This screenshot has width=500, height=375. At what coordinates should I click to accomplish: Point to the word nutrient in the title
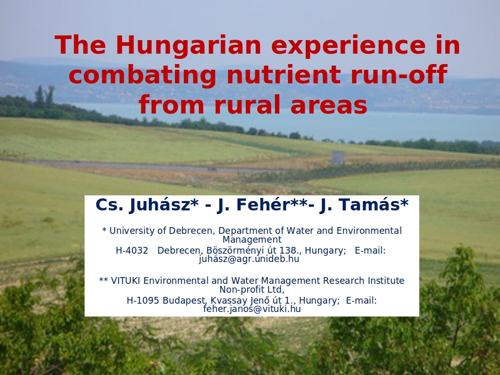pos(283,74)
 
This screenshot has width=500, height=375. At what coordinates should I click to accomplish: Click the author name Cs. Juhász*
pos(147,205)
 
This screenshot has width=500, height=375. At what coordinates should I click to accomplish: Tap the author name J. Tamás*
pos(364,205)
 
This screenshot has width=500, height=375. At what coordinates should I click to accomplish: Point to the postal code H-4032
pos(132,251)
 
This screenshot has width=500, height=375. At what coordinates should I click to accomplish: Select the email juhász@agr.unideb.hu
pos(249,259)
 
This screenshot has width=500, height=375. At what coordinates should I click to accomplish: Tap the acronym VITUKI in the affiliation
pos(126,281)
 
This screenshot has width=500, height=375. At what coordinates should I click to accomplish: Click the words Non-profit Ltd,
pos(252,290)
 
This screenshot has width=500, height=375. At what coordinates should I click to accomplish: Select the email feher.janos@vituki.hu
pos(252,309)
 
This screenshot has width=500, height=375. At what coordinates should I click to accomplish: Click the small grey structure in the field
pos(337,157)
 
